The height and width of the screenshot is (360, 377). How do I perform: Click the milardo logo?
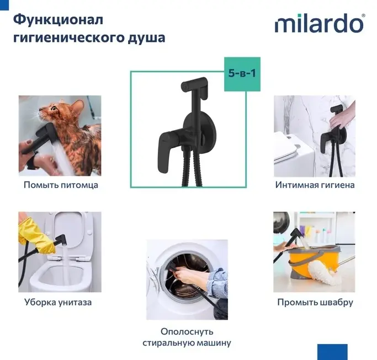[x=320, y=23]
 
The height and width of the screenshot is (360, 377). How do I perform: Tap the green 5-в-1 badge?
[x=242, y=74]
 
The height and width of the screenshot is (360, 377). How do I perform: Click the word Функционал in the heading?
[x=58, y=20]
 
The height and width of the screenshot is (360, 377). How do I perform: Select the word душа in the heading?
[x=146, y=38]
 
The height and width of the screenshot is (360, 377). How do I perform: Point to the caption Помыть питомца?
[x=61, y=185]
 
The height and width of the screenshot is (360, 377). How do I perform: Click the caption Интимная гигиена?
[x=315, y=185]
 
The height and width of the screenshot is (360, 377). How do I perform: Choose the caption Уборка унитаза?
[x=58, y=302]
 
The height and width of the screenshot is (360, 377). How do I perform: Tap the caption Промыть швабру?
[x=315, y=302]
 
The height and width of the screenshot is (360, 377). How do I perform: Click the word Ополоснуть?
[x=187, y=332]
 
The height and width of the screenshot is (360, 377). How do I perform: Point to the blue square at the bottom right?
[x=332, y=352]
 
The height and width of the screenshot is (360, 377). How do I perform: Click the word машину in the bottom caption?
[x=214, y=343]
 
